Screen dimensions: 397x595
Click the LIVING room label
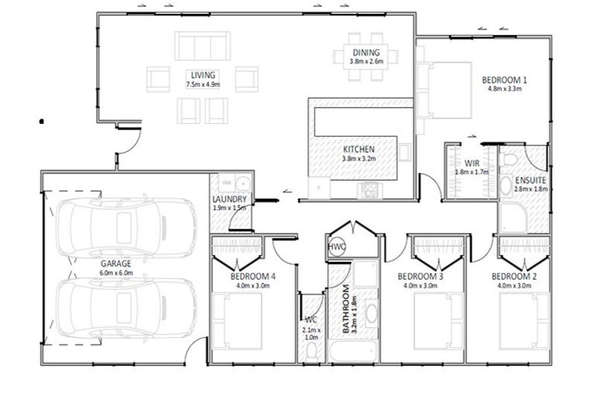[x=202, y=74]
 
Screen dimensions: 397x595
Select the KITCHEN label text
[x=358, y=149]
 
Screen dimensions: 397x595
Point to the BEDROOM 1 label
[x=504, y=80]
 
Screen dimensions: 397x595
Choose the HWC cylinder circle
[x=336, y=247]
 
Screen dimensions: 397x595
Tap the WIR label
[x=471, y=163]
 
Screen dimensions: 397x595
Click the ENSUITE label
[x=530, y=179]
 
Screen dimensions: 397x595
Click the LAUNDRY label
[x=229, y=198]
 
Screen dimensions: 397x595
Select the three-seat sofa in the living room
[x=202, y=44]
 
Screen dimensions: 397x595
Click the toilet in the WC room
[x=311, y=352]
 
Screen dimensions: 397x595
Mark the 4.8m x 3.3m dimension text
[x=504, y=89]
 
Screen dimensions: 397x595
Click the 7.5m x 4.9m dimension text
[x=202, y=84]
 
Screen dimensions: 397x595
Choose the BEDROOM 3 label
[x=420, y=276]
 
